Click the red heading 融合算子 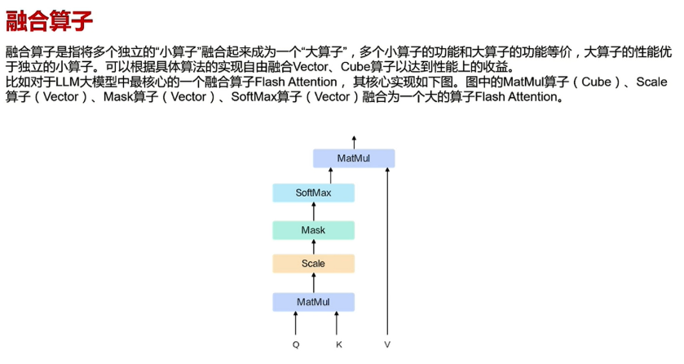tap(49, 21)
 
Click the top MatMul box tap(354, 158)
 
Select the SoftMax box tap(313, 193)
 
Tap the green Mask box tap(313, 230)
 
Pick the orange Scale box tap(313, 264)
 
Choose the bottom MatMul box tap(313, 302)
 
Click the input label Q tap(296, 344)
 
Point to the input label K tap(339, 344)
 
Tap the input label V tap(387, 344)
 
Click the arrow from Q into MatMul tap(296, 323)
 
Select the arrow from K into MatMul tap(337, 323)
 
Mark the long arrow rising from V tap(387, 251)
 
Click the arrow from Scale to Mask tap(313, 247)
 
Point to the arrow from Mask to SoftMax tap(313, 211)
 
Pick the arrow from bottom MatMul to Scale tap(313, 283)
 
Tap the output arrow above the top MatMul tap(354, 143)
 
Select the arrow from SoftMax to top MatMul tap(330, 176)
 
